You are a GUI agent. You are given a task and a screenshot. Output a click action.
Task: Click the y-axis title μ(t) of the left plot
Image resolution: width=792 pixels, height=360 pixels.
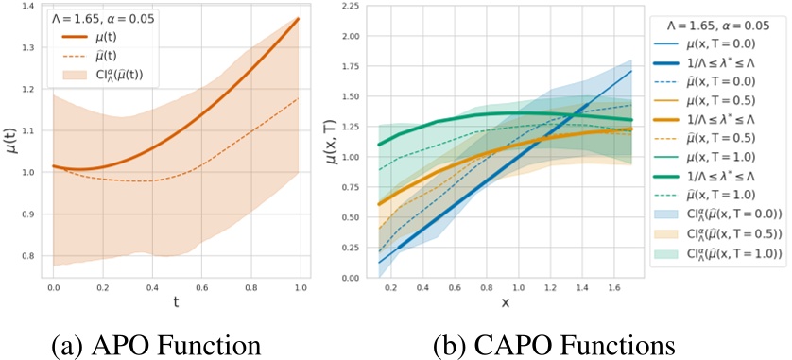coord(9,142)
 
